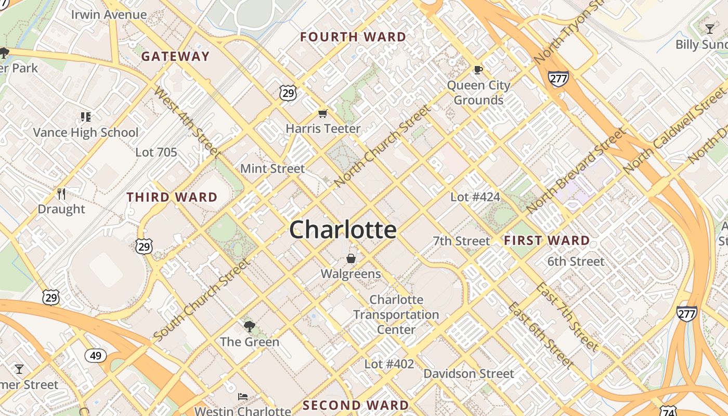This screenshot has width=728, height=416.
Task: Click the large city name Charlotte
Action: coord(343,229)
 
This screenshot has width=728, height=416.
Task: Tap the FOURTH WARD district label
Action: coord(353,37)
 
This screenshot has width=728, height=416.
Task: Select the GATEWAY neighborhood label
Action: coord(175,56)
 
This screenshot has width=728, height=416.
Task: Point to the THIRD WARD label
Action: coord(172,197)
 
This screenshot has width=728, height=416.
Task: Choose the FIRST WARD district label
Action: coord(547,240)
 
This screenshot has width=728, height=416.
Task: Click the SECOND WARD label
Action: coord(356,405)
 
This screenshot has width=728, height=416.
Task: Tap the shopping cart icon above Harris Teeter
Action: coord(323,113)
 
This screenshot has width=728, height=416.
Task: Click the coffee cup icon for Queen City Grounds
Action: coord(478,70)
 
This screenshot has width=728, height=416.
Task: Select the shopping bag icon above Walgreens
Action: coord(351,258)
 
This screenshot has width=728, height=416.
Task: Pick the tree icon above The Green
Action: coord(250,327)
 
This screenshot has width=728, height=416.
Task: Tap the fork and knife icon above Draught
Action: coord(61,194)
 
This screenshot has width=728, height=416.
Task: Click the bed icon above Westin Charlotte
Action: coord(242,397)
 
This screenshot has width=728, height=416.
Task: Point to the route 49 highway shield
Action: coord(96,356)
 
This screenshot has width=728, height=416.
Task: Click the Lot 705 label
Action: coord(156,152)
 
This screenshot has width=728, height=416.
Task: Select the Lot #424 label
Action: coord(475,197)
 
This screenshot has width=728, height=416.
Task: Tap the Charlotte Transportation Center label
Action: coord(396,315)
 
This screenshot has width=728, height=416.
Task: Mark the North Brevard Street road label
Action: coord(576,170)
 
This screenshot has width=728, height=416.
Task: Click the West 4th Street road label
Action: coord(187,123)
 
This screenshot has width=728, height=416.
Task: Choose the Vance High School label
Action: coord(86,133)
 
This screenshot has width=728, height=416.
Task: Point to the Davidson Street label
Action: coord(469,373)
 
